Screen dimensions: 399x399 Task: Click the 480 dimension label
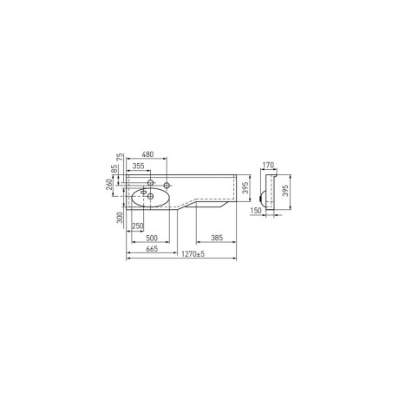tap(147, 154)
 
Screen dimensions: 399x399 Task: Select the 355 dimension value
tap(139, 166)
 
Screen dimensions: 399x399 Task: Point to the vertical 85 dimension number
tap(114, 169)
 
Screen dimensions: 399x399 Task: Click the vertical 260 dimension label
tap(109, 184)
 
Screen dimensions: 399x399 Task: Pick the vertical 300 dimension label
tap(120, 218)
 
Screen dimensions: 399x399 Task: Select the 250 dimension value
tap(138, 226)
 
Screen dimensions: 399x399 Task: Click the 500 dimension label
tap(152, 238)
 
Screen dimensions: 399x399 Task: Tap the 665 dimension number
tap(152, 249)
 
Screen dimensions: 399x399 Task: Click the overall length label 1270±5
tap(193, 254)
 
